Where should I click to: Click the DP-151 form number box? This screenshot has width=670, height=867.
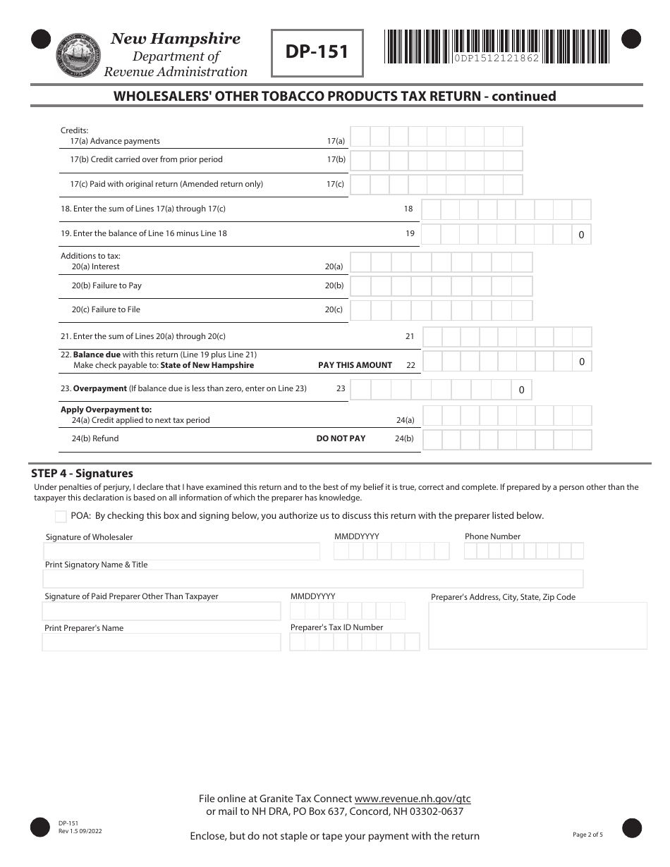click(317, 52)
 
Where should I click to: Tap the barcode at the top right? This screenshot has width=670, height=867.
click(496, 47)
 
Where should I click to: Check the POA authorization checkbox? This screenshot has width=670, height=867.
click(61, 516)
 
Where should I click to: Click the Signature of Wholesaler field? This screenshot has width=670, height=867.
click(181, 551)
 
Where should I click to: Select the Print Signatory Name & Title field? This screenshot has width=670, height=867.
click(312, 579)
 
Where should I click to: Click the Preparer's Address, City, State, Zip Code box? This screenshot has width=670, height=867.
click(537, 625)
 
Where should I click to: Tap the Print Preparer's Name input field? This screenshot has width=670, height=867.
click(162, 642)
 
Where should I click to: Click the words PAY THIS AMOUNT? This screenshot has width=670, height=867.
click(355, 365)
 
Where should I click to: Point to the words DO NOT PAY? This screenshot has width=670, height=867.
click(341, 438)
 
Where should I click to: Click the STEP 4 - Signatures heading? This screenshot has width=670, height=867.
click(82, 474)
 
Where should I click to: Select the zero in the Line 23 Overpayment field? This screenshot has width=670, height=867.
click(521, 390)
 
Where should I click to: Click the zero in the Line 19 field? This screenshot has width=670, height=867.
click(581, 235)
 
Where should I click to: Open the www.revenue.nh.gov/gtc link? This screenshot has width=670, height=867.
click(412, 799)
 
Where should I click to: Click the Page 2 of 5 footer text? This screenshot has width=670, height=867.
click(587, 835)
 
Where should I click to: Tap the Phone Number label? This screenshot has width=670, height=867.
click(492, 536)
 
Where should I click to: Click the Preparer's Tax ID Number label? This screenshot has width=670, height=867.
click(336, 627)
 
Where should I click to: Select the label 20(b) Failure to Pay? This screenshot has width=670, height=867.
click(106, 285)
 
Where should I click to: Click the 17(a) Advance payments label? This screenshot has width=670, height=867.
click(114, 141)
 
